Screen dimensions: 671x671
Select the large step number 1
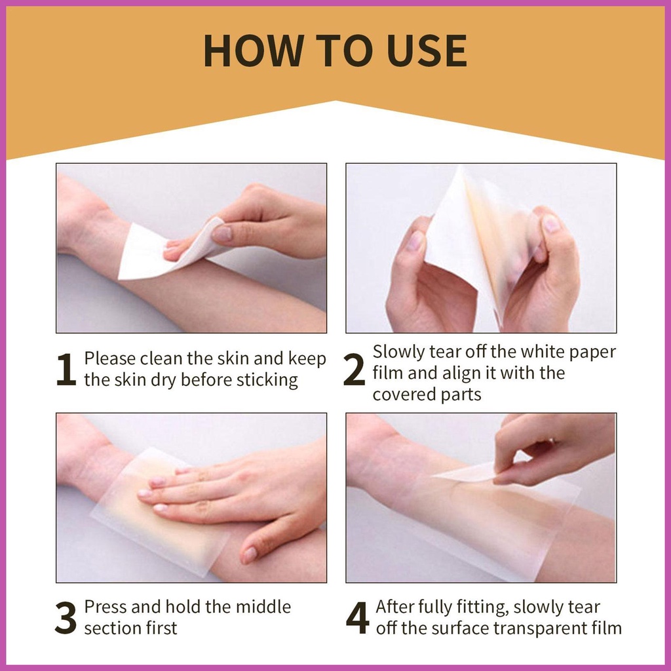pyautogui.click(x=66, y=370)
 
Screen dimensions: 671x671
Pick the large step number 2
pyautogui.click(x=355, y=370)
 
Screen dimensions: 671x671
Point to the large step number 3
pyautogui.click(x=66, y=617)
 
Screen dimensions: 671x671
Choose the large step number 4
pyautogui.click(x=357, y=617)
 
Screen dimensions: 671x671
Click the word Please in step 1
pyautogui.click(x=109, y=358)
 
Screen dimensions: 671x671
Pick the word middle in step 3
pyautogui.click(x=263, y=607)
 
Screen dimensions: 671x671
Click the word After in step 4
pyautogui.click(x=394, y=607)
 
